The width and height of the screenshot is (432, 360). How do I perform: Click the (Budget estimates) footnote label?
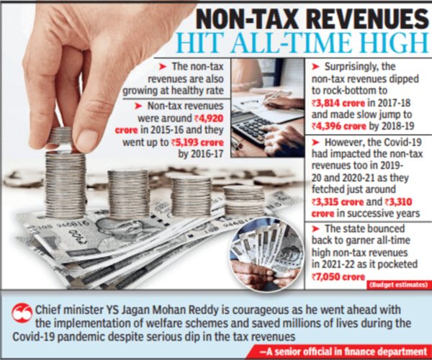coord(395,285)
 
